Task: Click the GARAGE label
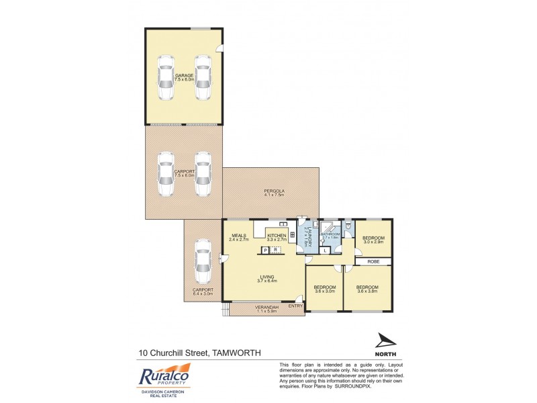tap(184, 76)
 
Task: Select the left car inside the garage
tap(165, 78)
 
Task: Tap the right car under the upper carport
tap(202, 175)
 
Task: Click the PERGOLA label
tap(274, 191)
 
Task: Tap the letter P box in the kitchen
tap(265, 250)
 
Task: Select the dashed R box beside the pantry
tap(275, 250)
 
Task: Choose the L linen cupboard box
tap(326, 250)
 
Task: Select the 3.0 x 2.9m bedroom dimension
tap(373, 242)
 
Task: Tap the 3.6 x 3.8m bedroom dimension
tap(368, 291)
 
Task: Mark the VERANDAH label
tap(266, 307)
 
